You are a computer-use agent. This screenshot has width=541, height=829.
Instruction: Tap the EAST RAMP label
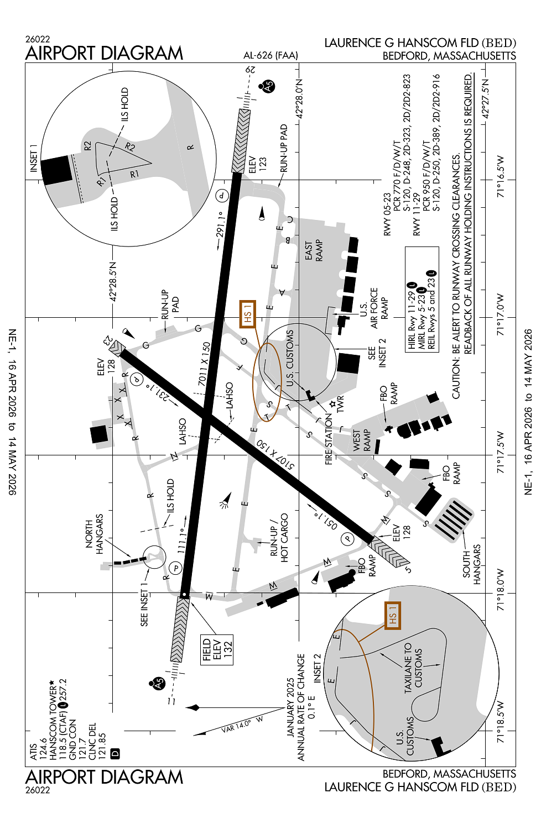tap(314, 250)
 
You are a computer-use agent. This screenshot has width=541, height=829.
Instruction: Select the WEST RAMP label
tap(361, 441)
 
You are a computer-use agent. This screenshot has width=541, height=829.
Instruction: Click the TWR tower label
tap(340, 403)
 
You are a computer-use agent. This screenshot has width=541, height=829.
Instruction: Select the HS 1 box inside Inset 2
tap(392, 615)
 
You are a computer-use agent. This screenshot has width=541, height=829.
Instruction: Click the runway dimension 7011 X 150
tap(205, 364)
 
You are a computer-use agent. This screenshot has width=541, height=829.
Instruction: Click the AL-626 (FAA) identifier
tap(270, 55)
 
